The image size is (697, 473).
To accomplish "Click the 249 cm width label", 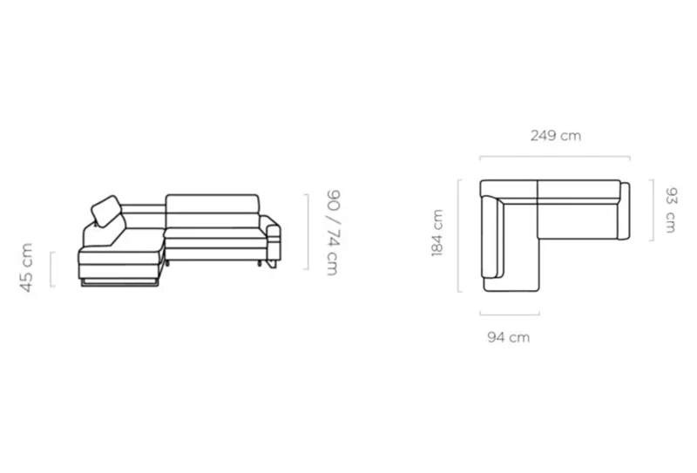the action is coord(556,135).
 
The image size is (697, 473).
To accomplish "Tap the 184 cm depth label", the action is coord(437,233).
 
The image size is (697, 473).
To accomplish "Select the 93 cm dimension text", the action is coord(670,210).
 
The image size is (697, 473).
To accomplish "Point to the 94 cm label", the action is coord(509,337).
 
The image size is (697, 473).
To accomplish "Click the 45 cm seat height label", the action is coord(27,267).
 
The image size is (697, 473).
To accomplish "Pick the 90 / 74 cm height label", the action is coord(333,233).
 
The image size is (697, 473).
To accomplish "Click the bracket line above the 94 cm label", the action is coord(510,314).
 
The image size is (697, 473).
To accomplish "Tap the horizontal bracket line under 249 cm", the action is coord(555,157).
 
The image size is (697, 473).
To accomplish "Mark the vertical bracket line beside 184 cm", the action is coord(459,235).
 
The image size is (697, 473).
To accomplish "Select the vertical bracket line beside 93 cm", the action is coord(653,210).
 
